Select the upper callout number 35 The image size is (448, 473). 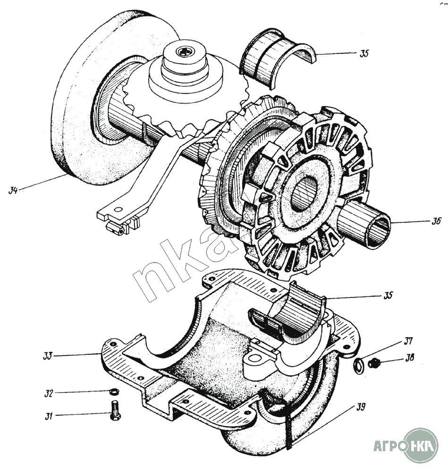[363, 53]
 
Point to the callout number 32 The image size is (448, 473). [49, 392]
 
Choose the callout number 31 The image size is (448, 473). [49, 416]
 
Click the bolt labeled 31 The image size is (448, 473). [115, 410]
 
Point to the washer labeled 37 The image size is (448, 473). [358, 364]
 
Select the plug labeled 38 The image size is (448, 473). [375, 364]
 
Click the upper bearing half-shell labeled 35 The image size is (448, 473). [274, 59]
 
